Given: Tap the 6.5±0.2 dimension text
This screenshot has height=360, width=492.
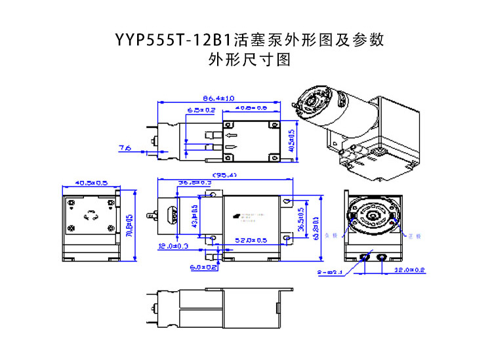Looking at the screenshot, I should (x=201, y=110).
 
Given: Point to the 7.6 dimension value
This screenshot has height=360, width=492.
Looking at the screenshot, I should (x=125, y=149).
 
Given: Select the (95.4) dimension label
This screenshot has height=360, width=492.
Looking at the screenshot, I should (x=224, y=174).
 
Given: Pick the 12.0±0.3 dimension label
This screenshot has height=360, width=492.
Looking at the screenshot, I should (x=173, y=247).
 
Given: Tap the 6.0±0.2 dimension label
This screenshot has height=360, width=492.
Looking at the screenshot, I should (x=203, y=268).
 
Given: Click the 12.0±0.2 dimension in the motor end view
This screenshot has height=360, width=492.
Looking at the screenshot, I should (x=410, y=270).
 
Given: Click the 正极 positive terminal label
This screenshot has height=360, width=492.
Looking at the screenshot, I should (x=413, y=233).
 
